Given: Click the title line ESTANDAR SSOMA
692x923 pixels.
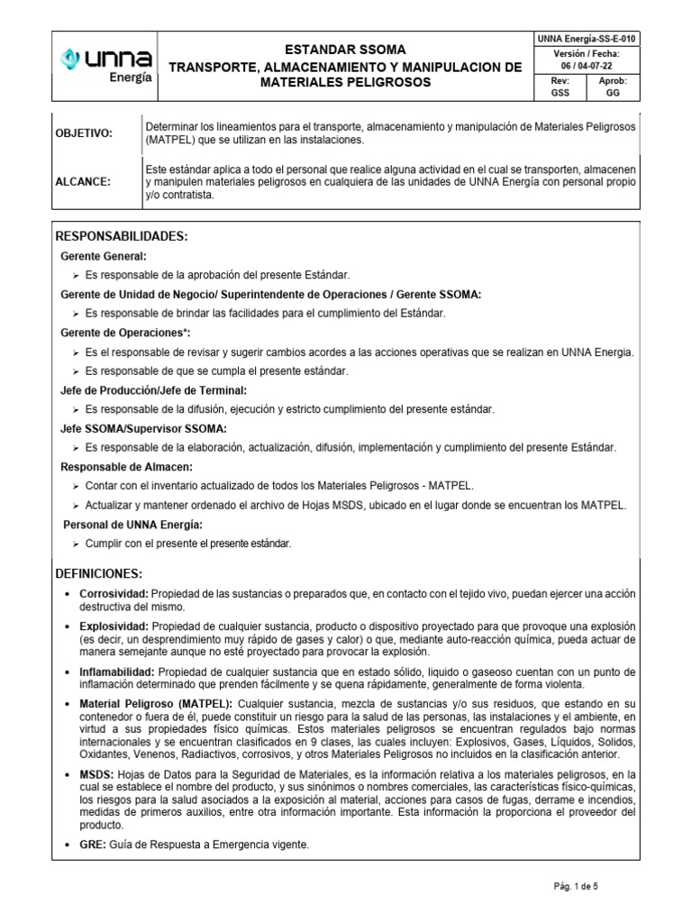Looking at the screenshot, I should coord(346,50).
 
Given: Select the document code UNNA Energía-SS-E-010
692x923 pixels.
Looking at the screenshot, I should coord(586,38).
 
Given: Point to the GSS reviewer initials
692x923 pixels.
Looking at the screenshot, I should coord(560,93).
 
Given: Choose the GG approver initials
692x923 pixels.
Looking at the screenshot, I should coord(613,93).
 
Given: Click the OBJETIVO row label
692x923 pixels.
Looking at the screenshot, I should coord(85,133).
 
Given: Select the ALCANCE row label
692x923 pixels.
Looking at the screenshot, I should coord(82,181).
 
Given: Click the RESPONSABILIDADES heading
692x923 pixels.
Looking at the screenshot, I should coord(122,236).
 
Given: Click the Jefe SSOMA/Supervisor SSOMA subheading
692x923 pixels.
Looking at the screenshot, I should coord(143,428).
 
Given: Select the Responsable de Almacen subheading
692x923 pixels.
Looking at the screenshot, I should coord(126,467).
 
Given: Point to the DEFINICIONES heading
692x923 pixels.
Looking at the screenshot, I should coord(99,573).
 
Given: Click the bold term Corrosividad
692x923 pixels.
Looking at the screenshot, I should coord(114,595).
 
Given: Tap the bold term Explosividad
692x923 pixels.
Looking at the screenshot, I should coord(114,626).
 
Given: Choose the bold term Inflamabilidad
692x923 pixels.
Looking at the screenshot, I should coord(117,672).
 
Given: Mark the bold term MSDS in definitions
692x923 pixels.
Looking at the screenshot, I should coord(96,775).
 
